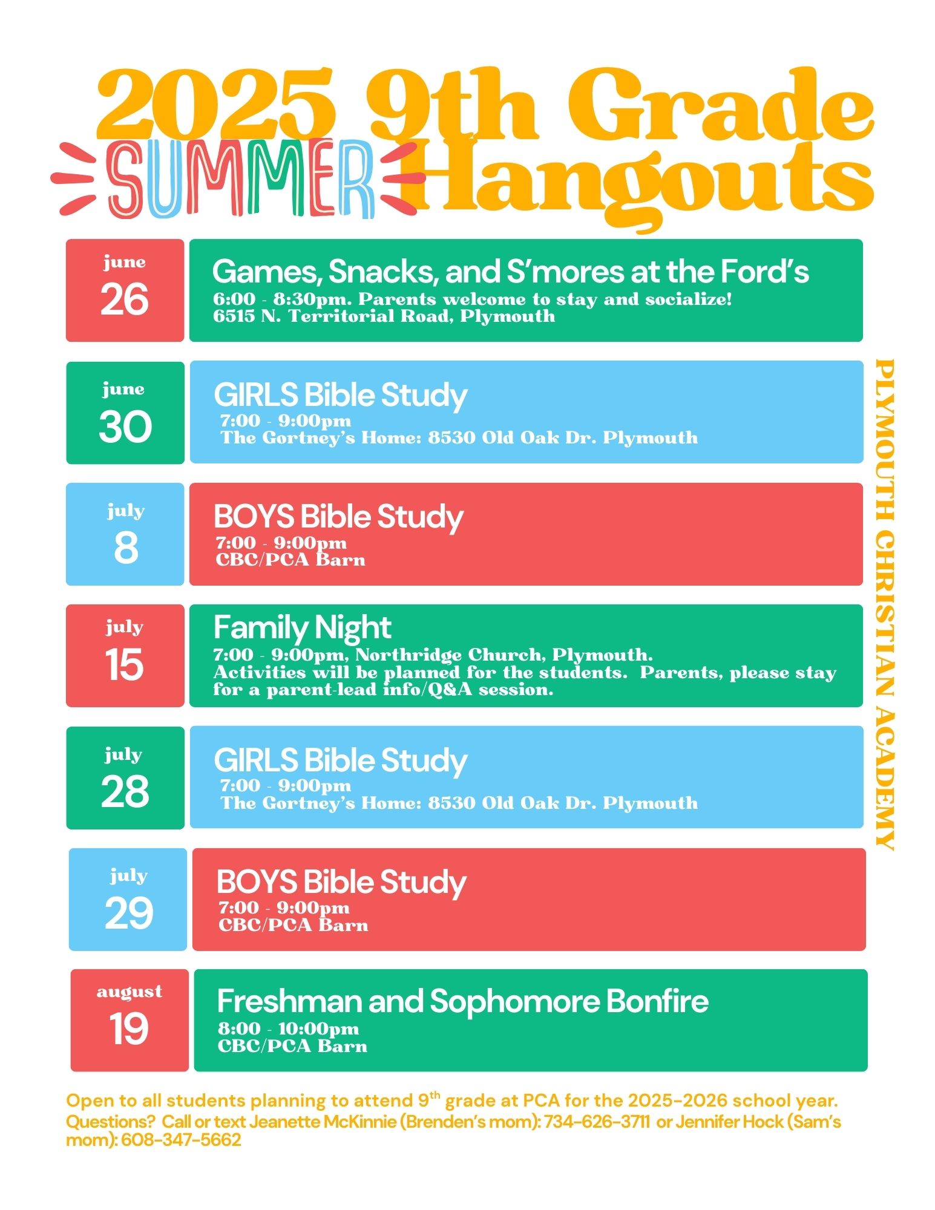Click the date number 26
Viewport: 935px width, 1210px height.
125,299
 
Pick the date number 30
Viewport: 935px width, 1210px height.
125,427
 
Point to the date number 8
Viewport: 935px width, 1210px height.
125,548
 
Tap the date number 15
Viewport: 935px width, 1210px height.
124,664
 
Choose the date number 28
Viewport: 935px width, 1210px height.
125,791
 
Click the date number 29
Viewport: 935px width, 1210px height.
129,913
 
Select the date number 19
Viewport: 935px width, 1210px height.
129,1028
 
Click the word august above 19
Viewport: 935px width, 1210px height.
130,992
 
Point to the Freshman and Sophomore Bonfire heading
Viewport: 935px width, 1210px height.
462,1001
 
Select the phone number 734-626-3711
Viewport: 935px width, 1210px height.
597,1122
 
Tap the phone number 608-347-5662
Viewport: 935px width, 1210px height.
181,1140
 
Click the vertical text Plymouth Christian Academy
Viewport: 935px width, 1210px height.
885,604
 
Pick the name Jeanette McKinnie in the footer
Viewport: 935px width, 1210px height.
323,1122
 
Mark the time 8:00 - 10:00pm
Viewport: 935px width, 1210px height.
288,1029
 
